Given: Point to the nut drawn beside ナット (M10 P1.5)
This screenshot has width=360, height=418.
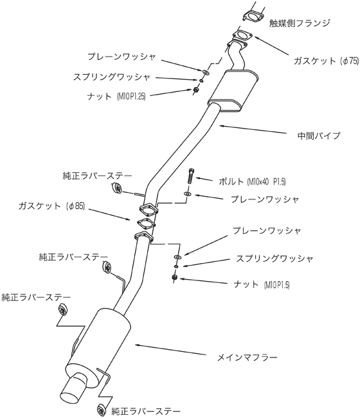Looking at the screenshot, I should [175, 277].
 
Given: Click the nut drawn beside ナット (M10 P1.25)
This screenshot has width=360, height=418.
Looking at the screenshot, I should [195, 89].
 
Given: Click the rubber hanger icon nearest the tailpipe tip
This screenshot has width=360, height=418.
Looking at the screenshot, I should [101, 410].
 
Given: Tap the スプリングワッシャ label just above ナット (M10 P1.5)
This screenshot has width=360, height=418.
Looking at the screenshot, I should [274, 259].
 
